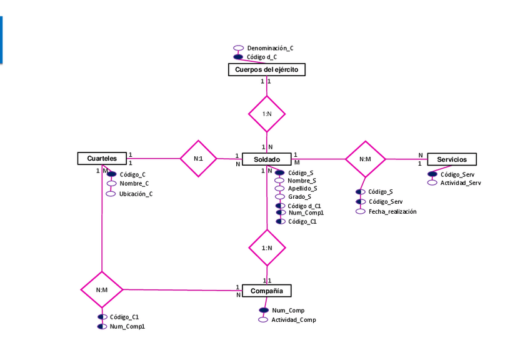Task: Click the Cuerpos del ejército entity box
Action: click(x=266, y=70)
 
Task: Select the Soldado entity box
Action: click(x=266, y=159)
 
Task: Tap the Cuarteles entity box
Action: click(x=101, y=159)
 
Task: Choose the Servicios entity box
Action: click(x=451, y=159)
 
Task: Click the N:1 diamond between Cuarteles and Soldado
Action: click(x=198, y=159)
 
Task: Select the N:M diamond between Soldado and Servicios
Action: click(x=366, y=159)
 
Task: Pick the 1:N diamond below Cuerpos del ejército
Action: click(x=267, y=114)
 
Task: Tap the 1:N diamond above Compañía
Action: click(x=267, y=247)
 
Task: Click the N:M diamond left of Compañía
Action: click(x=102, y=290)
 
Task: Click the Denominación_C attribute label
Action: click(x=270, y=47)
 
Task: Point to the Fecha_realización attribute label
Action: click(x=392, y=211)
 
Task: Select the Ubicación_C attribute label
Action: click(x=136, y=194)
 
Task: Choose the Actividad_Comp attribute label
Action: click(x=293, y=320)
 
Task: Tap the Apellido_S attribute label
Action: click(x=302, y=188)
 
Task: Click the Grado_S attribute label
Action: click(x=300, y=197)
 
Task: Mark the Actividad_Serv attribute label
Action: click(x=461, y=183)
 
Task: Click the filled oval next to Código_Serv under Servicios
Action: click(x=432, y=174)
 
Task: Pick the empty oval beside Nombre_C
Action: click(x=112, y=184)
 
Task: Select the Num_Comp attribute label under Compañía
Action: click(x=287, y=310)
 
